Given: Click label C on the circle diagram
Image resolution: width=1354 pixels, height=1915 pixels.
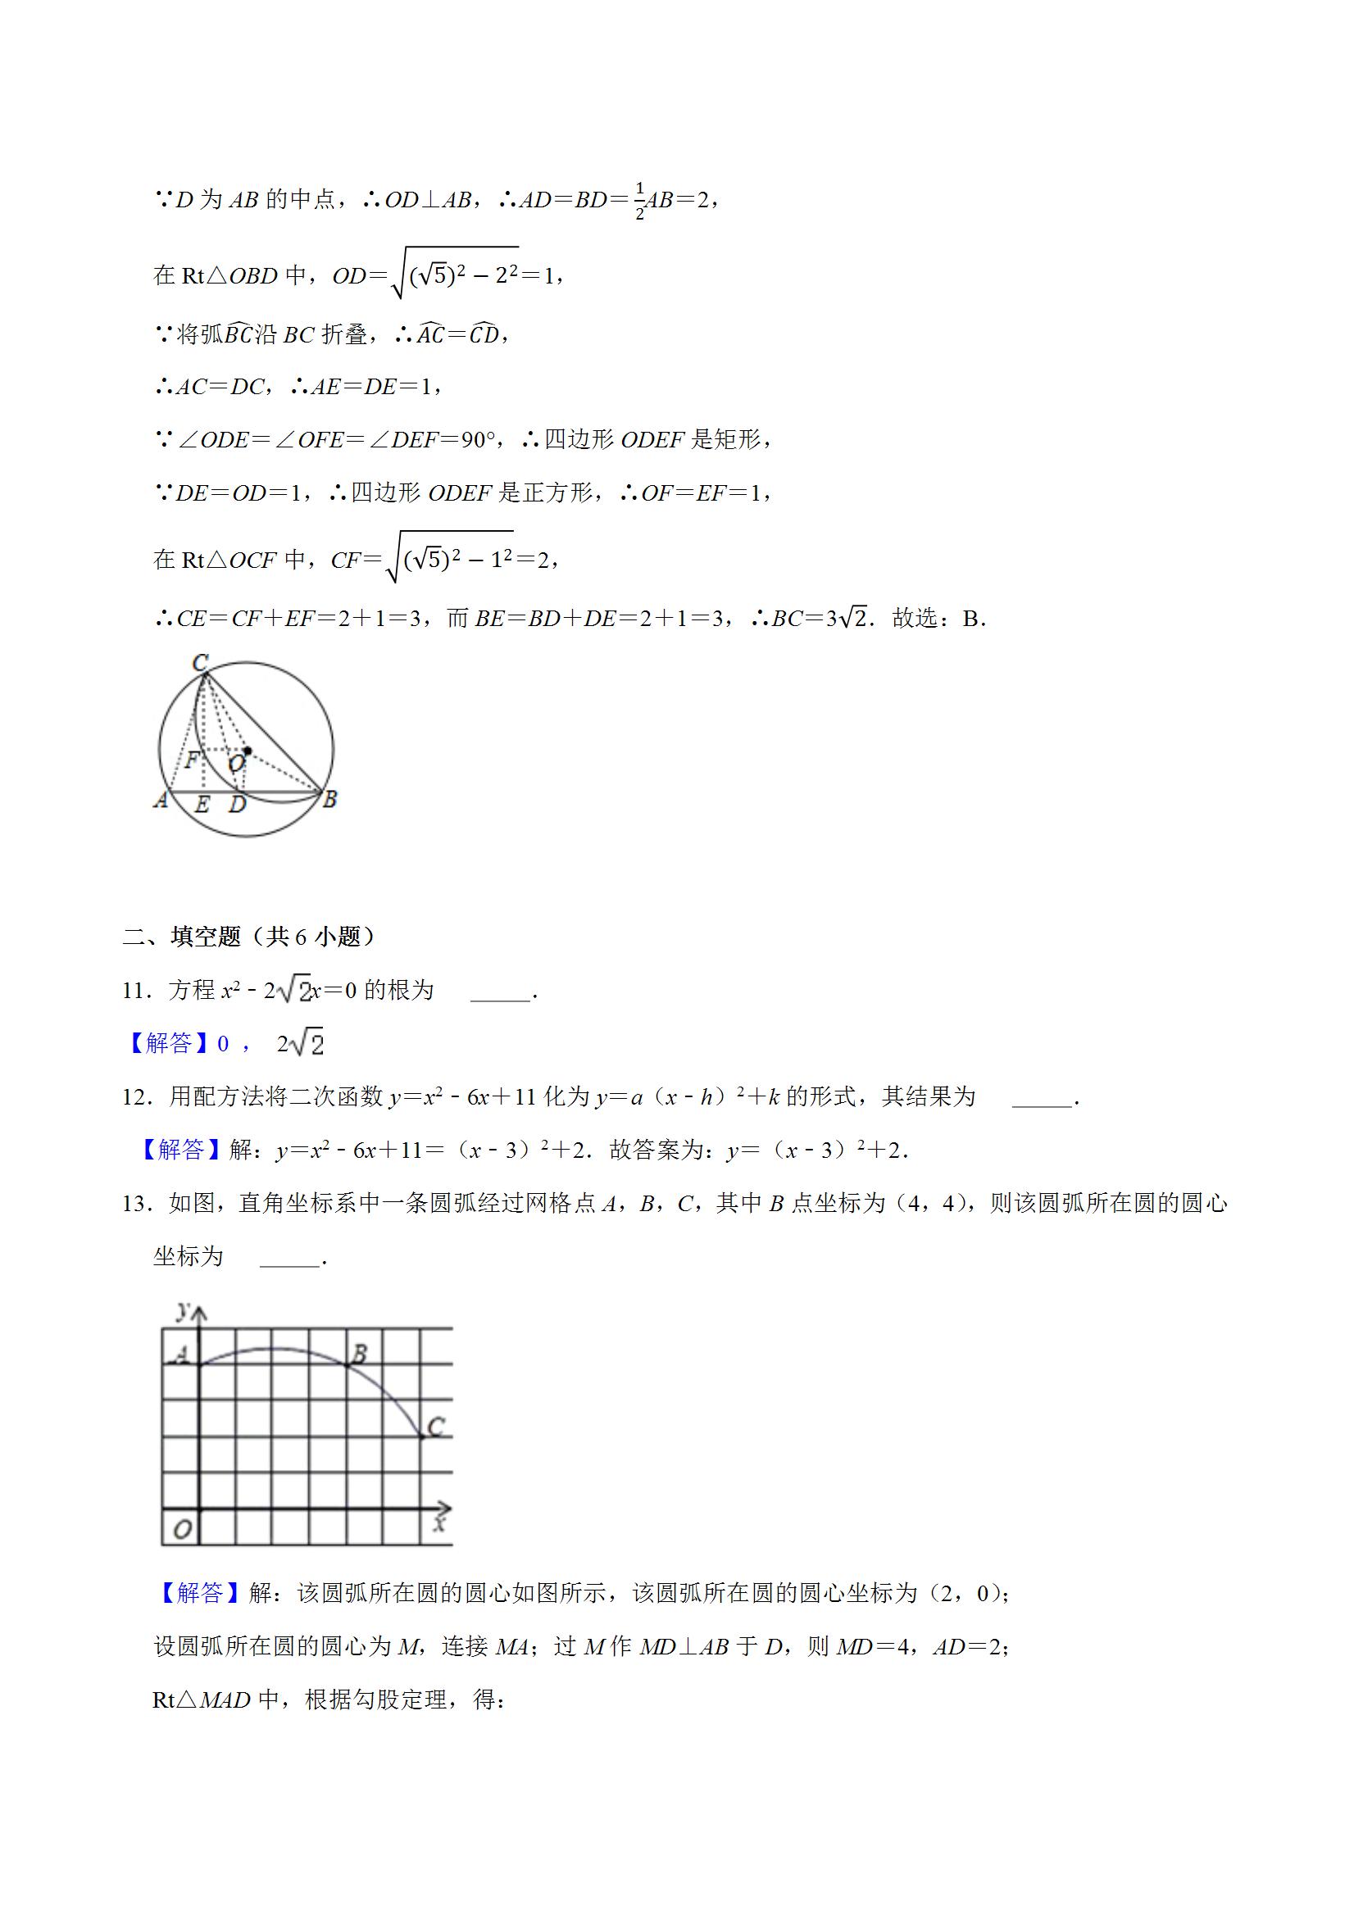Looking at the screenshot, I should point(200,663).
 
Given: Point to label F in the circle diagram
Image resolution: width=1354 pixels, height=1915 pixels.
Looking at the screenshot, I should point(193,760).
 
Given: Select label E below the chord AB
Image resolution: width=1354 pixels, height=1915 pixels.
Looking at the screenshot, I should point(202,805).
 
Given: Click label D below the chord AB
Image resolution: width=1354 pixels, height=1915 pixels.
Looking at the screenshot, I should point(238,805).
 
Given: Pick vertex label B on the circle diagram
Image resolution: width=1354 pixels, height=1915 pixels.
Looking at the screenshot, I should point(329,799).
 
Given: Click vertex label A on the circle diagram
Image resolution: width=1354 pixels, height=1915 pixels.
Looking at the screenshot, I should point(161,800).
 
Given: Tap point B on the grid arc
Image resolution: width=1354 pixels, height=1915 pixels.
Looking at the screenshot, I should point(359,1354).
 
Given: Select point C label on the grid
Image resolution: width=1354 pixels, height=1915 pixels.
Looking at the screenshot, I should point(435,1428).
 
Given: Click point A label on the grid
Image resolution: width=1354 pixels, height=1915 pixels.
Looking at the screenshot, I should point(183,1356).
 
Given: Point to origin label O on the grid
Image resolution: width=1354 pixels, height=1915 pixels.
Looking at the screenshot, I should point(182,1530).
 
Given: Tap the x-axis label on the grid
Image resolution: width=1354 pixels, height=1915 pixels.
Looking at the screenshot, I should point(439,1524).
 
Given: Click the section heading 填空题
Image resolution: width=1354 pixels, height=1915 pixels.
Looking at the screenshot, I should point(206,937).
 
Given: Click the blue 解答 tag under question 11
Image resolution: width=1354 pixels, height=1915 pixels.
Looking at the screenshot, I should point(169,1043).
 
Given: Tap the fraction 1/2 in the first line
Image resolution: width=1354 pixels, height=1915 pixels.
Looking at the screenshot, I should point(640,201).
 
